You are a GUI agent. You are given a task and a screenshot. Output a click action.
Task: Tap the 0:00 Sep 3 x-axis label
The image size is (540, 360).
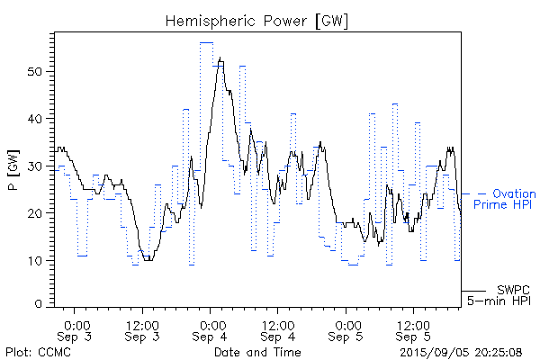76,329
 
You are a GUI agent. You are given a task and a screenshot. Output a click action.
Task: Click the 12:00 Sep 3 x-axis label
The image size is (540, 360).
143,329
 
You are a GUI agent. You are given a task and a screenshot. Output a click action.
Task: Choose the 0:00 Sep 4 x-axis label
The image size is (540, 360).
211,329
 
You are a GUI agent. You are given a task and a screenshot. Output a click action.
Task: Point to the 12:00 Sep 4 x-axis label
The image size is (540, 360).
278,329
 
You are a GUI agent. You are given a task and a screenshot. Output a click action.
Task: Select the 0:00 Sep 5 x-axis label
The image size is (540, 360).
346,329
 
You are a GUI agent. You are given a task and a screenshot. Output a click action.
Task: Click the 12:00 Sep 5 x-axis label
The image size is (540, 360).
413,329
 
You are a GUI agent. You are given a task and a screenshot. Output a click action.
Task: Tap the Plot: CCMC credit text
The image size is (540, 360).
34,351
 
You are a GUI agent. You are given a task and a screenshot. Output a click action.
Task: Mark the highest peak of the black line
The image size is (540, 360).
220,59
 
